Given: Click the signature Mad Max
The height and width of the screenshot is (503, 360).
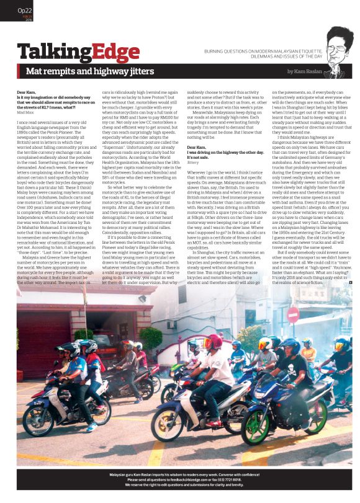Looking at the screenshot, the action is click(25, 112).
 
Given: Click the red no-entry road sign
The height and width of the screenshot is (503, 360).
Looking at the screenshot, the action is click(293, 314).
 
